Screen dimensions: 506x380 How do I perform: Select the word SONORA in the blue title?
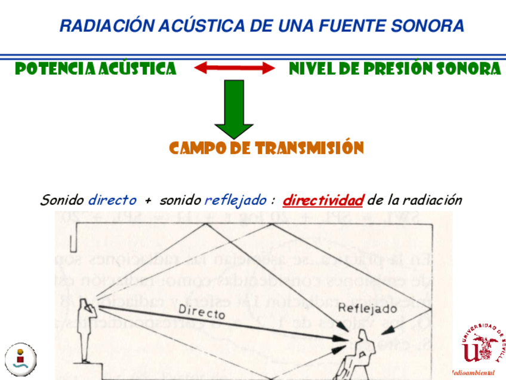(428, 26)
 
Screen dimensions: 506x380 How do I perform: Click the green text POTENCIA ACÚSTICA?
(95, 69)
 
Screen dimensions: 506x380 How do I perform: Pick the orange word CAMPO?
(197, 148)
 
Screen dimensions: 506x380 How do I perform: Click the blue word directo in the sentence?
(112, 200)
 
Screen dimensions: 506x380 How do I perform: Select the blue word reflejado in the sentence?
(235, 200)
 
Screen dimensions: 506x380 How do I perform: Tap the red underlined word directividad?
(323, 200)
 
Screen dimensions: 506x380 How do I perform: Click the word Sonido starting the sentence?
(62, 200)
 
